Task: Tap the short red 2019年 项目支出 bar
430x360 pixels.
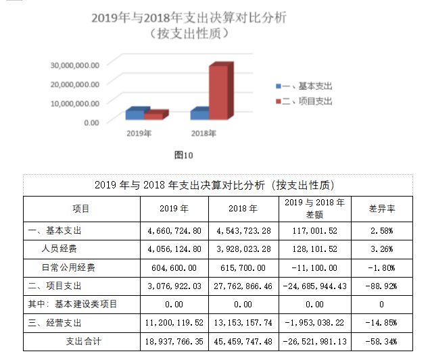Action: (153, 116)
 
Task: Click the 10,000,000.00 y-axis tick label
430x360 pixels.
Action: (76, 103)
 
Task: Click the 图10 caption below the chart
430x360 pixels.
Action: (184, 155)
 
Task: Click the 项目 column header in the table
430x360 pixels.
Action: (81, 209)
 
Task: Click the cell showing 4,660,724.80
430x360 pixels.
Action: (174, 230)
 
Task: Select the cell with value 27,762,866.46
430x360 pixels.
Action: (243, 286)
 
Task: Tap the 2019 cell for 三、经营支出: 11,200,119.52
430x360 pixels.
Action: (174, 323)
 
